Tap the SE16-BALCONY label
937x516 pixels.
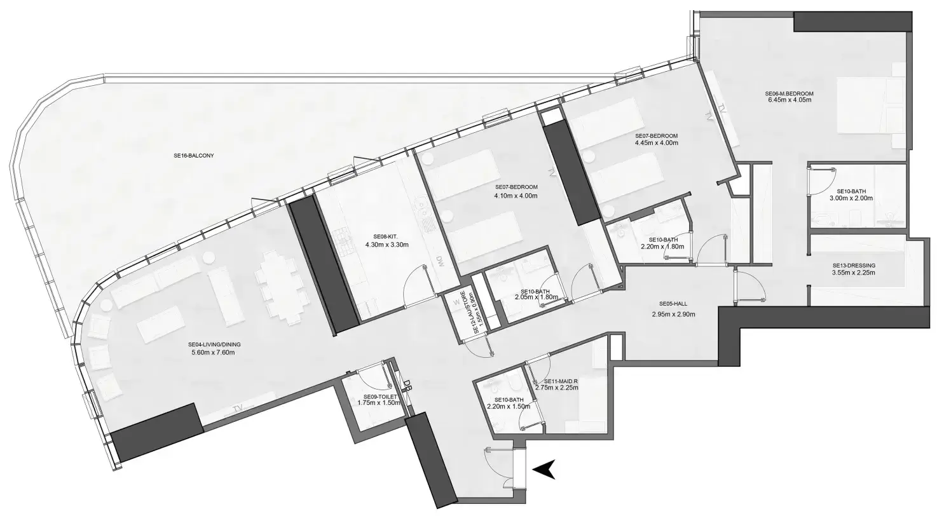click(194, 156)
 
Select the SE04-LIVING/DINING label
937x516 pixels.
click(214, 344)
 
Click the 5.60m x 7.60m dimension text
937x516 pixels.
click(213, 353)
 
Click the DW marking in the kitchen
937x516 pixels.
click(440, 262)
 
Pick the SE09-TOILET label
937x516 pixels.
click(380, 397)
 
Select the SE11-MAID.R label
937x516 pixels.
click(561, 381)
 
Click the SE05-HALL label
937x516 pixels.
click(673, 304)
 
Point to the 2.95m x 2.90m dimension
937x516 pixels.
click(673, 315)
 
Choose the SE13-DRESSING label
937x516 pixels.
click(854, 266)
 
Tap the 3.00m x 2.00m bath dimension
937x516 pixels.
click(851, 198)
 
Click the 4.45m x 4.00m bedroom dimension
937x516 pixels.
click(656, 142)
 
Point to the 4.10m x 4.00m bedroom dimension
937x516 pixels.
click(516, 196)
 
